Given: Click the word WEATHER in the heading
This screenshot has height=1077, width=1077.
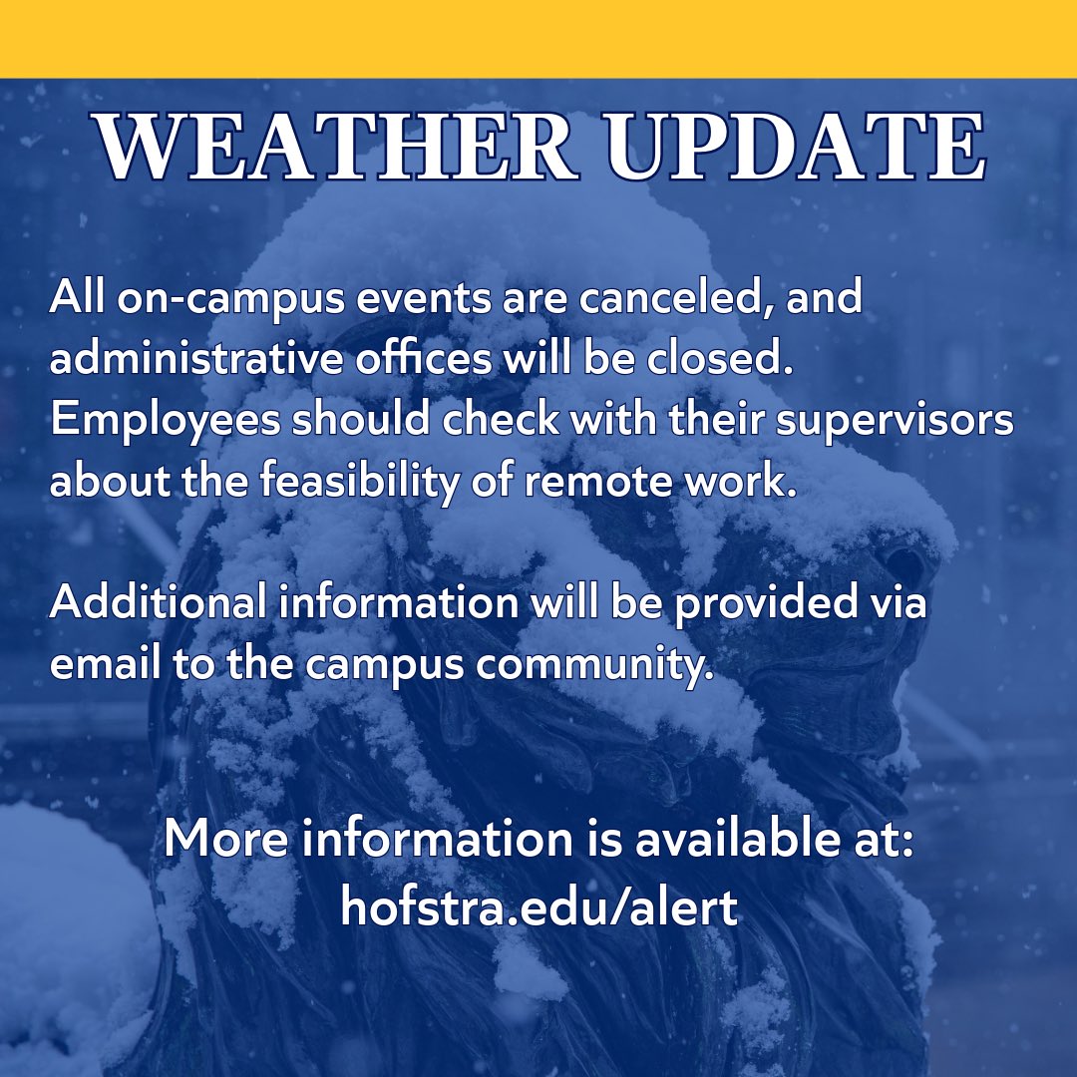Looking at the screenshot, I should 340,151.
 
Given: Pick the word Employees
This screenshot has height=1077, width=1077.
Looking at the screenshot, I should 166,422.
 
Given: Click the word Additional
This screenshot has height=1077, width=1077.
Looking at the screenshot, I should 159,604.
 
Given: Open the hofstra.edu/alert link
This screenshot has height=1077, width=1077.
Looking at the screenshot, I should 538,908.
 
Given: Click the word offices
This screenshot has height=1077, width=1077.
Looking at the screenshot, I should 430,360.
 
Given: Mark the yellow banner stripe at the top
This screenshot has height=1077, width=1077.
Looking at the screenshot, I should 538,38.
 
